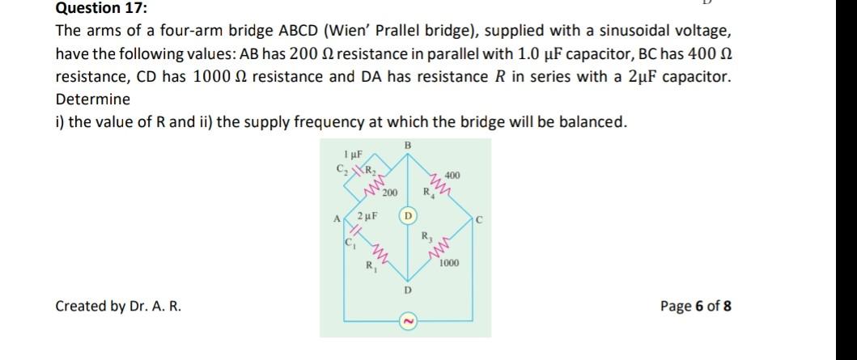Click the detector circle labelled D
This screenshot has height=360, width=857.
pyautogui.click(x=409, y=218)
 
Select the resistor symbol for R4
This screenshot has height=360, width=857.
pyautogui.click(x=443, y=187)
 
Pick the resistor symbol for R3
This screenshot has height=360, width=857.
pyautogui.click(x=443, y=249)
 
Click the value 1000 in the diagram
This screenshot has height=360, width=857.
pyautogui.click(x=451, y=264)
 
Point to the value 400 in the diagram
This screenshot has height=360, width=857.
pyautogui.click(x=452, y=175)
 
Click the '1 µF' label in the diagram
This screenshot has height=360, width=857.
pyautogui.click(x=352, y=154)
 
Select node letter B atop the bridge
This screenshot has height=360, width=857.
pyautogui.click(x=407, y=145)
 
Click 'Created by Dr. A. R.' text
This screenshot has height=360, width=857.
pyautogui.click(x=118, y=306)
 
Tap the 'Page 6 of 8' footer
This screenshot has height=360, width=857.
pyautogui.click(x=696, y=306)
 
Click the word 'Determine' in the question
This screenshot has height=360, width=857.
pyautogui.click(x=92, y=100)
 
